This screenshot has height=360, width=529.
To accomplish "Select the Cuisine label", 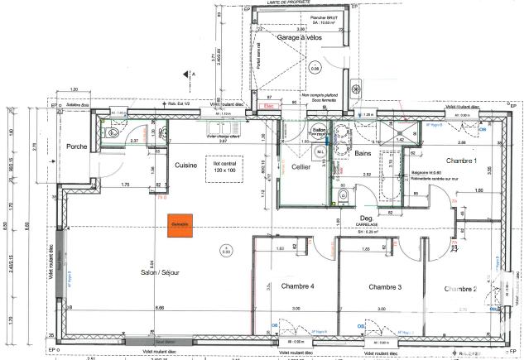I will tap(185, 166).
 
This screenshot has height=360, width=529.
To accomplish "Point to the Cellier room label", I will tap(300, 166).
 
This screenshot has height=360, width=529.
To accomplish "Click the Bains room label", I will tap(363, 153).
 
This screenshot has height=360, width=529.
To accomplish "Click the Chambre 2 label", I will tap(459, 288).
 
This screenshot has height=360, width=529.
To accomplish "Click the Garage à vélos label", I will tap(298, 38).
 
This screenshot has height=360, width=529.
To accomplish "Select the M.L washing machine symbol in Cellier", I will tap(320, 152).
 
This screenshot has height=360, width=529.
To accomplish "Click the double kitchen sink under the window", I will tap(163, 131).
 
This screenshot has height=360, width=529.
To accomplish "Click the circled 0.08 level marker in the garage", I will tap(315, 70).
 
